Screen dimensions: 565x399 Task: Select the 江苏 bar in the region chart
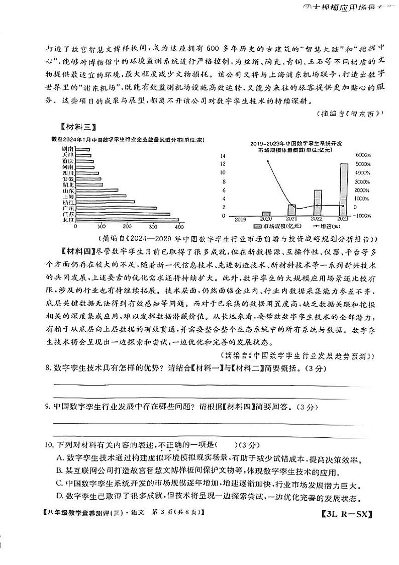coord(124,214)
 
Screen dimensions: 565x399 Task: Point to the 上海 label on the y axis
coord(68,196)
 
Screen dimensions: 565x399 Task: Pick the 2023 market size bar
coord(343,190)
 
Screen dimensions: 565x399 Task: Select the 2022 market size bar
coord(318,203)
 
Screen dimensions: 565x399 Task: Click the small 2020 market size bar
coord(266,214)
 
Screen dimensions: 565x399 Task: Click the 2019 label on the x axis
coord(241,219)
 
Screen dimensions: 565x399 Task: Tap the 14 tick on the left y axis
coord(224,156)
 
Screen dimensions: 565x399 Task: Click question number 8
coord(48,368)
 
